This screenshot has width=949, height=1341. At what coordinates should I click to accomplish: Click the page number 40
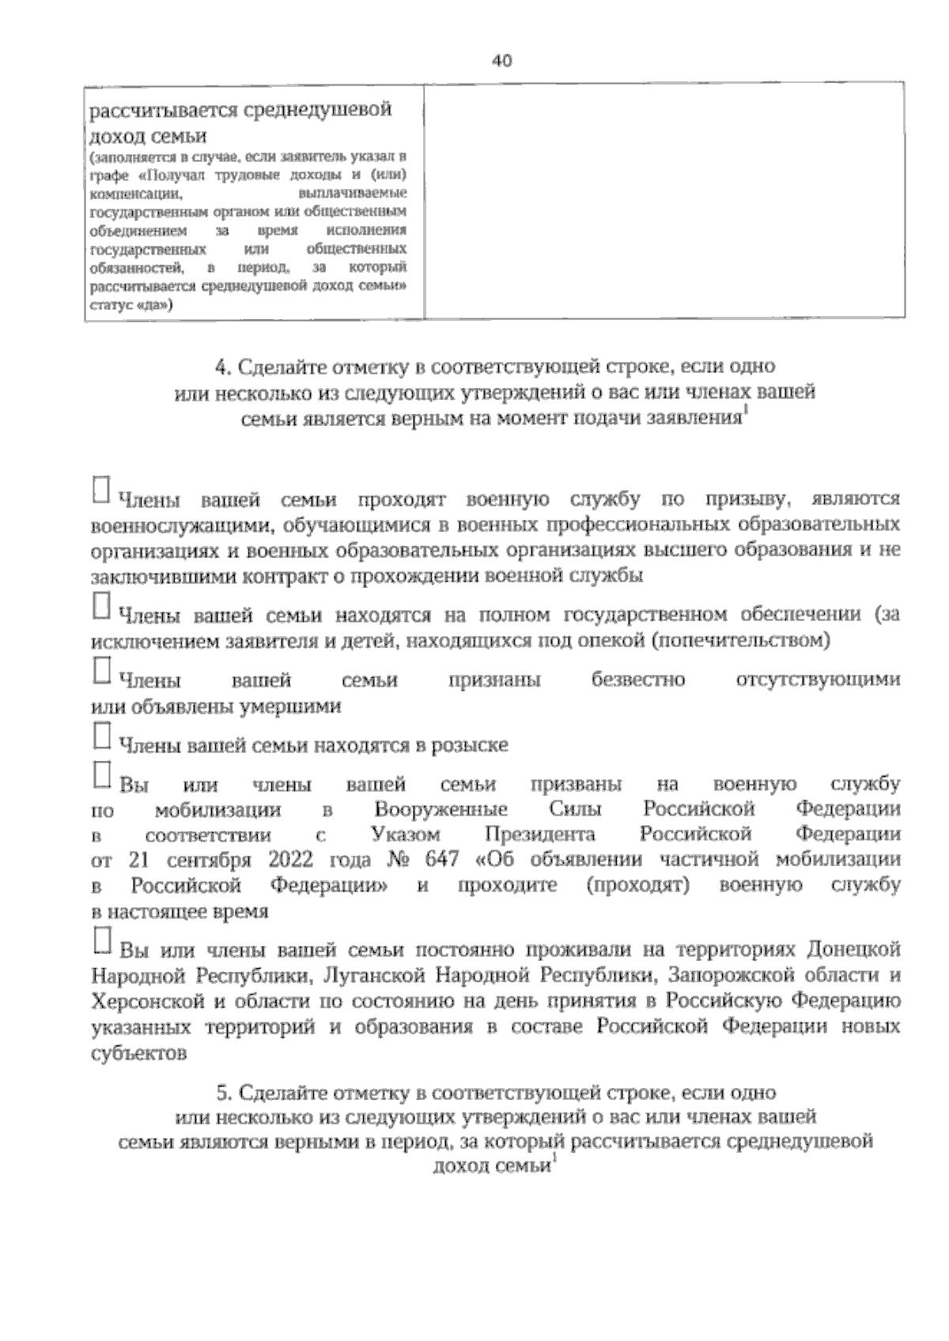502,61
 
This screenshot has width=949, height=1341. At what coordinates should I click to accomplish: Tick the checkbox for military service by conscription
100,488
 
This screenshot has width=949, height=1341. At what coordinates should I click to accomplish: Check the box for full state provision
100,605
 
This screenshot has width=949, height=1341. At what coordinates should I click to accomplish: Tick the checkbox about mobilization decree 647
100,774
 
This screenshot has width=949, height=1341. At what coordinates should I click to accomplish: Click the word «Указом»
405,835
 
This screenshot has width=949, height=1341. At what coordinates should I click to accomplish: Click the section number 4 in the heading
221,367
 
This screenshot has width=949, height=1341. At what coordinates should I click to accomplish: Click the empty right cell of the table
664,201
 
